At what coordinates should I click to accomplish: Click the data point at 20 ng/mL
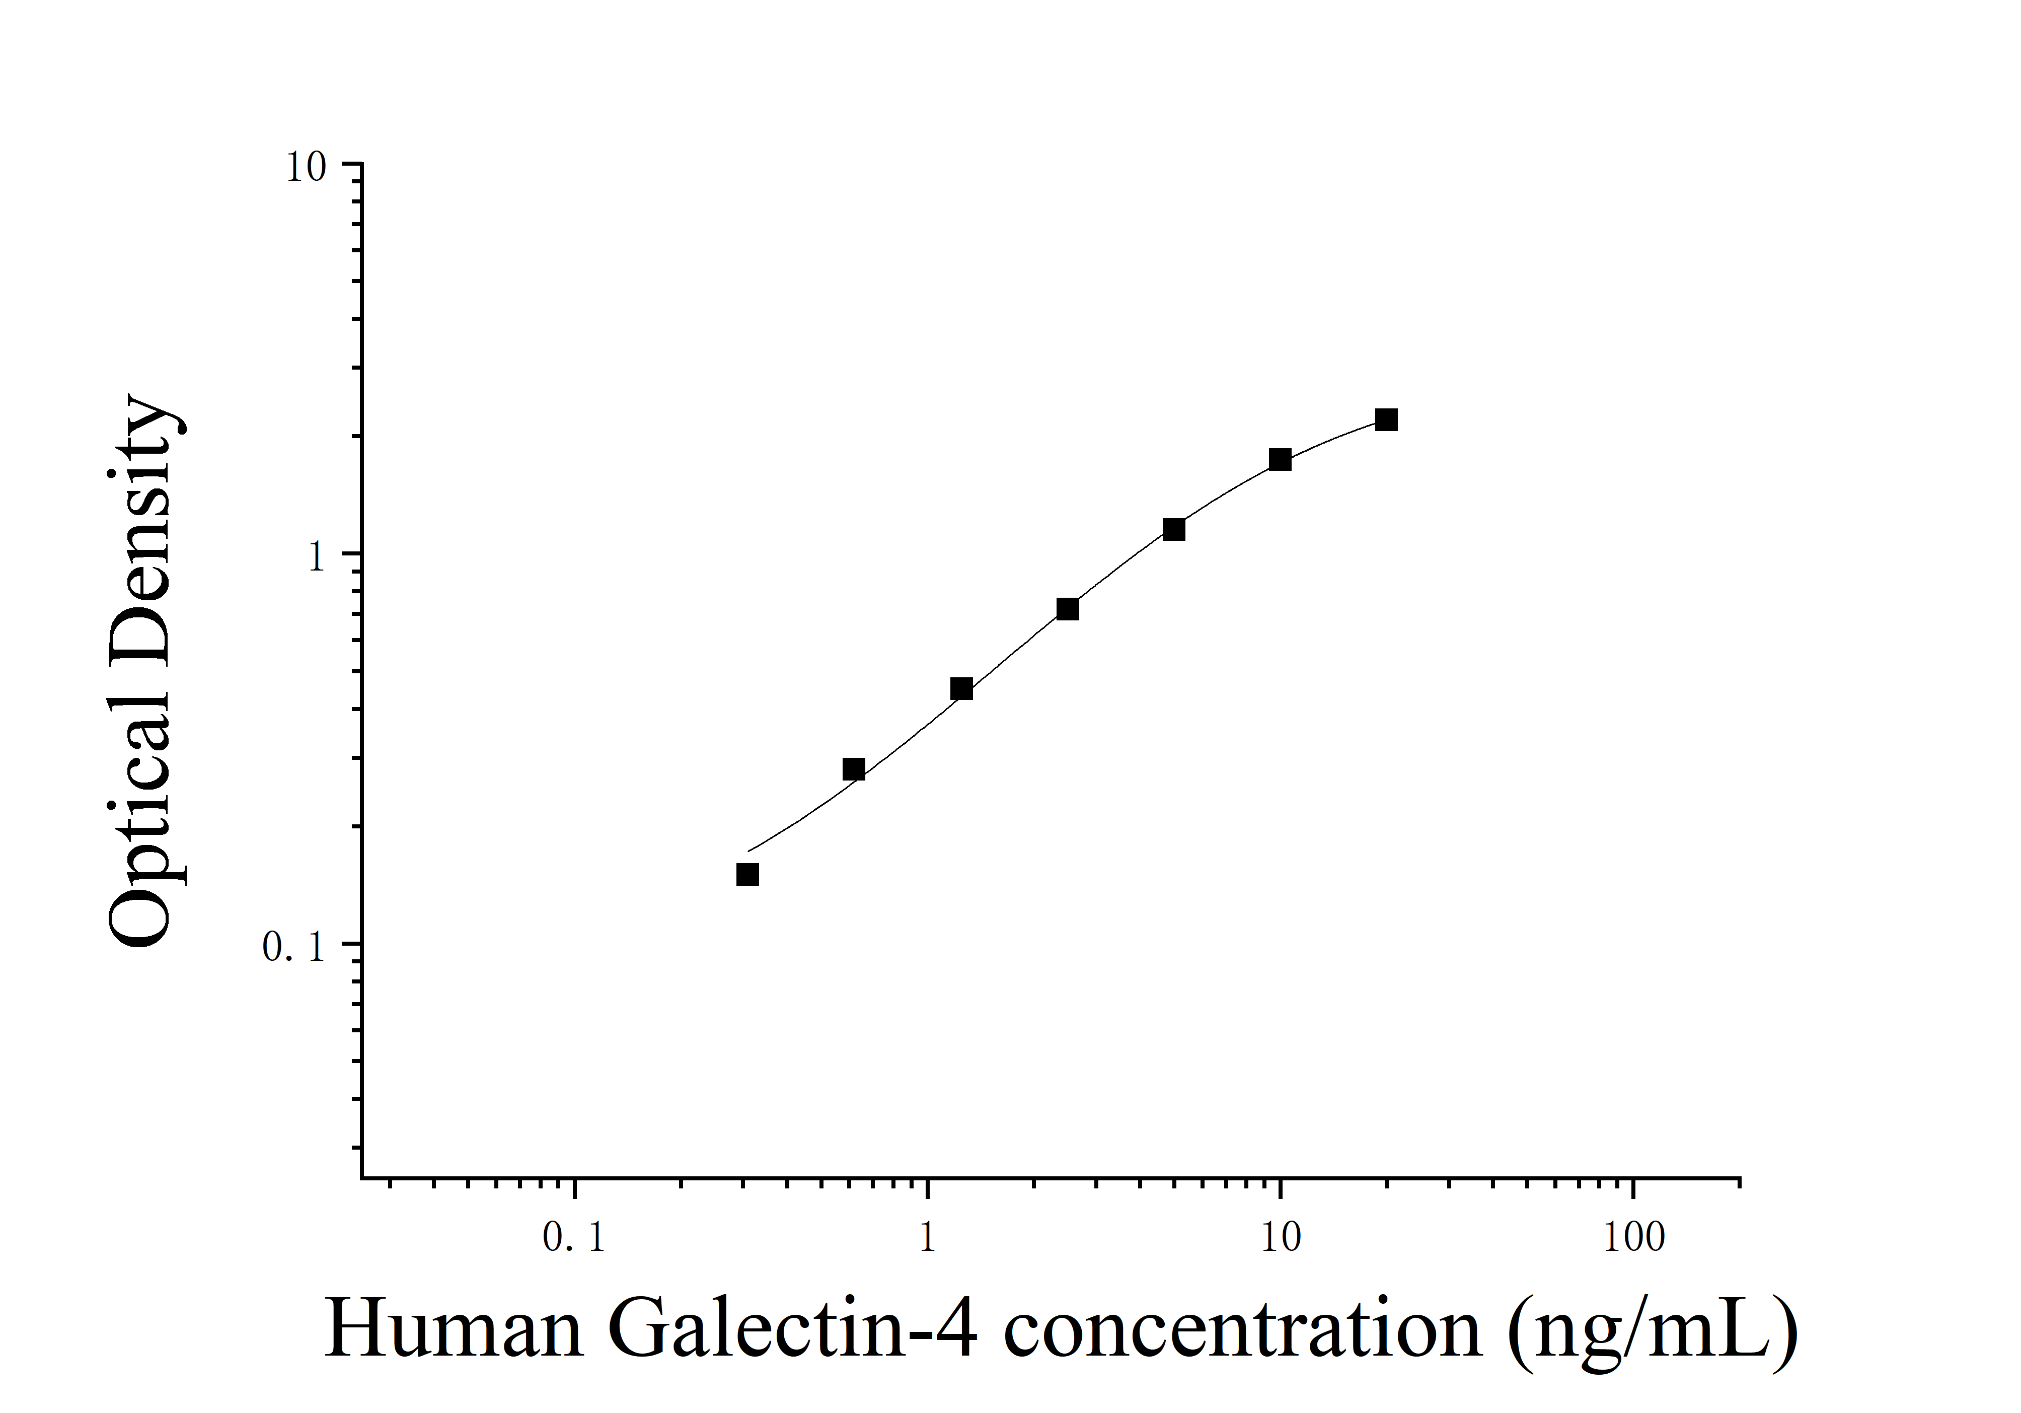coord(1385,420)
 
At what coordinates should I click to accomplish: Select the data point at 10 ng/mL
coord(1280,460)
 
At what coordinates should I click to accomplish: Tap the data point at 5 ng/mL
coord(1173,529)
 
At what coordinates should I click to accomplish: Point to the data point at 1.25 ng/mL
coord(961,688)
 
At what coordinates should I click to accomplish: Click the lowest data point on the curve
coord(747,874)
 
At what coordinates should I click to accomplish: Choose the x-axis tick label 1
coord(927,1239)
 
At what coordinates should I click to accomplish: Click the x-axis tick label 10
coord(1281,1239)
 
